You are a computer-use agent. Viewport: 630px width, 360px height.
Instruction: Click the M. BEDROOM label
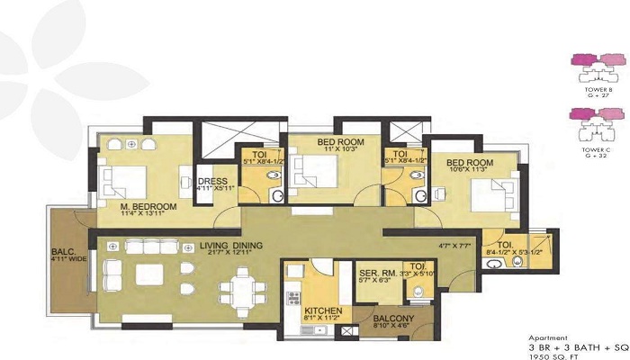click(148, 206)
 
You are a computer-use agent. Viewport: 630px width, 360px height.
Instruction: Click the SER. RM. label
click(372, 273)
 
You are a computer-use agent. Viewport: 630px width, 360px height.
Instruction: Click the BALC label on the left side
click(63, 253)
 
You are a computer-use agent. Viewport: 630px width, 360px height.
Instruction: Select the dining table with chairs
click(241, 291)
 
